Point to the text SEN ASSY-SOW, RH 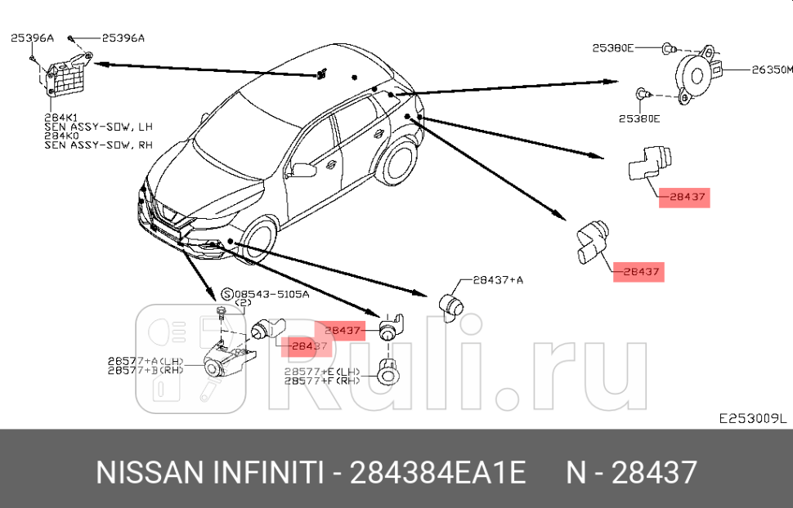(98, 145)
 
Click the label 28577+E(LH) (322, 371)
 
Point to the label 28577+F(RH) (322, 381)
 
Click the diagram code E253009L (752, 418)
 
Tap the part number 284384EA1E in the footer (437, 473)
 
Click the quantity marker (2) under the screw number (243, 304)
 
